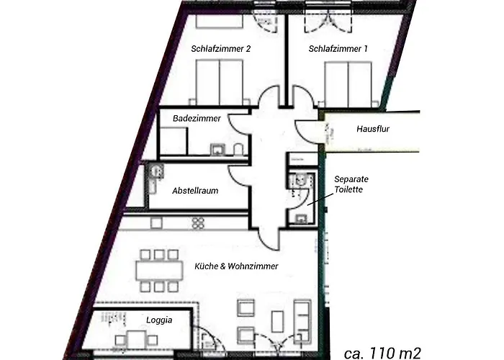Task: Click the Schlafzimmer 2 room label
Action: (221, 50)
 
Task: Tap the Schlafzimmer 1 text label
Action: (338, 50)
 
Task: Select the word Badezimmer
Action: (197, 118)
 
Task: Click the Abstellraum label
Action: (195, 191)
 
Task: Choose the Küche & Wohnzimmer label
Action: (236, 266)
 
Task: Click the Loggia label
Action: (158, 321)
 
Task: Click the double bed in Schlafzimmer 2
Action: (219, 81)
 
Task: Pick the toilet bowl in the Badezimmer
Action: (238, 150)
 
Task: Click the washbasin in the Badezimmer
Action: (216, 150)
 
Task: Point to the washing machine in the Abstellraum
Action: (154, 172)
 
